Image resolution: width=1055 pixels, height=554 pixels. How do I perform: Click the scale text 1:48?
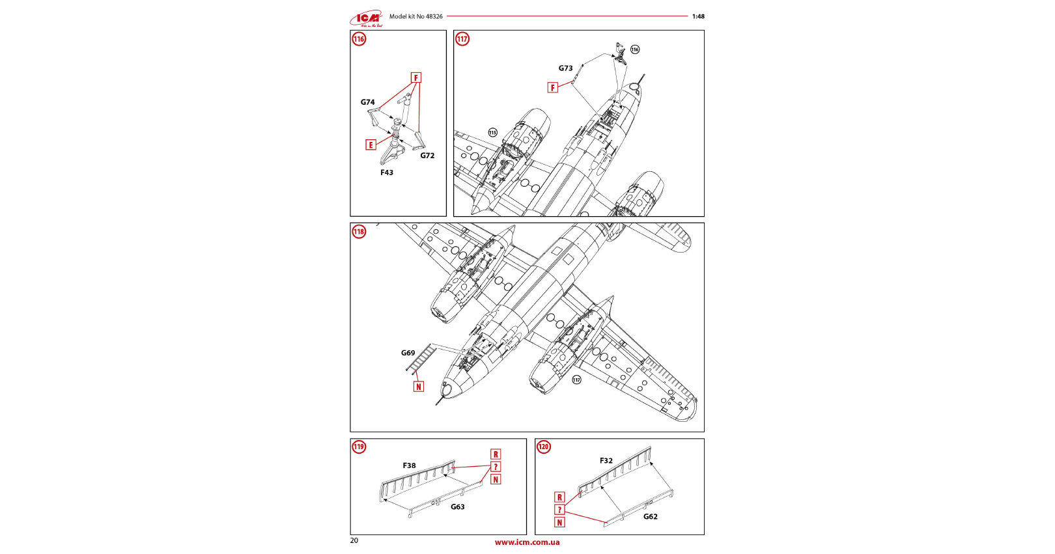pos(697,16)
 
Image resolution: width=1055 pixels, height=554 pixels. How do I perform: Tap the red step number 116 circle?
pos(359,39)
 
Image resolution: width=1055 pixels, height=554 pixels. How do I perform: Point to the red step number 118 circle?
pos(359,232)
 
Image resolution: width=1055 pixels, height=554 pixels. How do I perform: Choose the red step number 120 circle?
pos(543,447)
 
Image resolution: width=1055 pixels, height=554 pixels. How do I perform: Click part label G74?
pos(367,102)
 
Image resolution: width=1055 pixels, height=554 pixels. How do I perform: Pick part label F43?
pos(387,173)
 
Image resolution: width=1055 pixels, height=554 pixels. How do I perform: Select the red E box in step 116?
pos(371,145)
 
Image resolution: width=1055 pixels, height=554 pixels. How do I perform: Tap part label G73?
pos(565,68)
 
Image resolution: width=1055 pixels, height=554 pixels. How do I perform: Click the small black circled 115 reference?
pos(492,133)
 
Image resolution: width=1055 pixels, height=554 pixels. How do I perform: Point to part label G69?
pos(408,353)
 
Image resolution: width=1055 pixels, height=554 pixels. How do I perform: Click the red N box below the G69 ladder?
pos(418,387)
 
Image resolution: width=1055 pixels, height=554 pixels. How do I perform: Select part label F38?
pos(409,465)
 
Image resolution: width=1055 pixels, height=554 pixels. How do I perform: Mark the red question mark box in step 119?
pos(496,467)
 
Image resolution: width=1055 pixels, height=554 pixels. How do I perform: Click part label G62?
pos(650,516)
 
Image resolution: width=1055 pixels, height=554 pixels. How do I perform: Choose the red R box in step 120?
pos(559,497)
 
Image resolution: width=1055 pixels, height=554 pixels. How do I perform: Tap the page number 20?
pos(354,540)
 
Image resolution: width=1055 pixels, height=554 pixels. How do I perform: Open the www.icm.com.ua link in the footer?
pos(527,542)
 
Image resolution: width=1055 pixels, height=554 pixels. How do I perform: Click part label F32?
pos(606,460)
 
